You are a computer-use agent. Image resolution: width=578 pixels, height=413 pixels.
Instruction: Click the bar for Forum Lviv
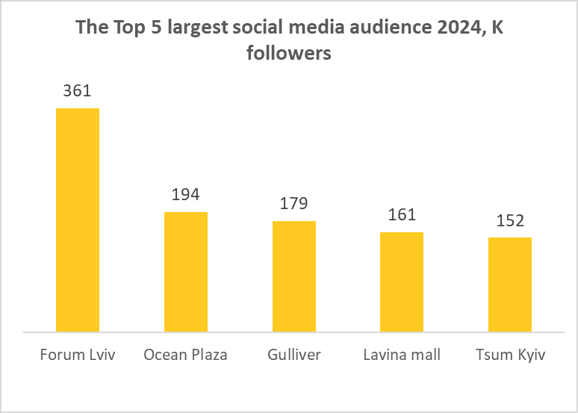(78, 220)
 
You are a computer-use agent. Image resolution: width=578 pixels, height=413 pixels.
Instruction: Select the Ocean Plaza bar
(186, 272)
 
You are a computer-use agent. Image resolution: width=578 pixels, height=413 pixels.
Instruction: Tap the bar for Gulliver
(294, 276)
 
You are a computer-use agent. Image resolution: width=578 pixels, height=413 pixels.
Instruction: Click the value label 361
(78, 92)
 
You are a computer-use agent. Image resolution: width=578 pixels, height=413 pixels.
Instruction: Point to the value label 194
(186, 195)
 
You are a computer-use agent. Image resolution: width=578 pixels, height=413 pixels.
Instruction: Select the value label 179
(294, 204)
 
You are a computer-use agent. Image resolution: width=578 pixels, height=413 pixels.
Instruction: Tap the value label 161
(402, 215)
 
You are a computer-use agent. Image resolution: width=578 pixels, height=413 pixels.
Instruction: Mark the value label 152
(510, 221)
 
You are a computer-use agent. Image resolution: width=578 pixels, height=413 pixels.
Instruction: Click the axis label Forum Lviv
(78, 354)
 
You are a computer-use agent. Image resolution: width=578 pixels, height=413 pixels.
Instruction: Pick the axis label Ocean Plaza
(186, 354)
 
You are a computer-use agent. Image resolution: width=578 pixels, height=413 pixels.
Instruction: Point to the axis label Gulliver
(294, 354)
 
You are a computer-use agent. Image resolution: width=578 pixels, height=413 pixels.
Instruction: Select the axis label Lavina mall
(402, 354)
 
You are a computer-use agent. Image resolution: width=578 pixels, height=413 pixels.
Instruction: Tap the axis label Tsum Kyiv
(510, 354)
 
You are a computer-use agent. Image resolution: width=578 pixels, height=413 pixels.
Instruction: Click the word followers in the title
(289, 55)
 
